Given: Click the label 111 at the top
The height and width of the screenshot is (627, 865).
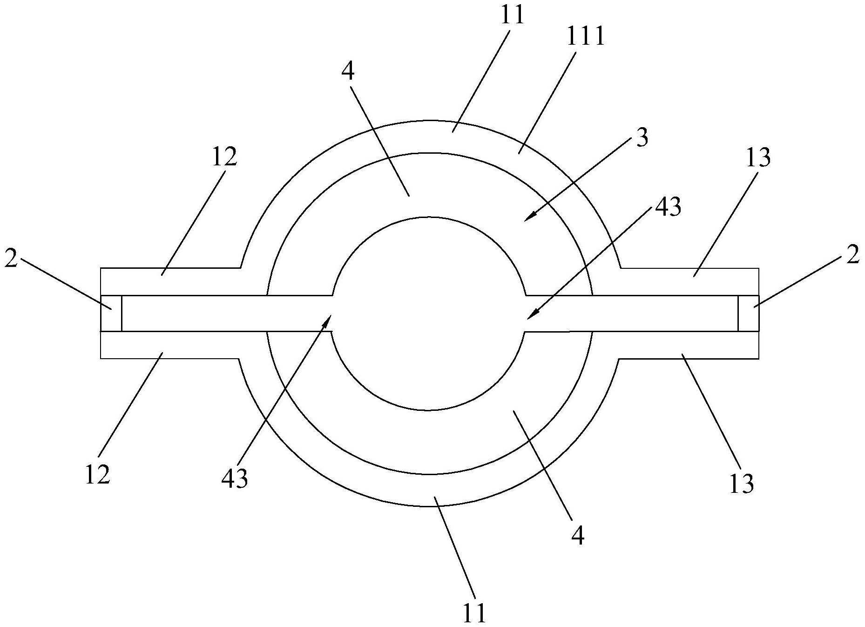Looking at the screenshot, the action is click(586, 36).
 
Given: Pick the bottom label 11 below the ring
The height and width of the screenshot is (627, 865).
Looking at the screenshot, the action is click(474, 613).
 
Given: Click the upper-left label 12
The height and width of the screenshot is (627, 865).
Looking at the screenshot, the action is click(224, 157).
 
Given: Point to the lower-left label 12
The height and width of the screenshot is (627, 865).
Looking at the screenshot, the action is click(97, 475).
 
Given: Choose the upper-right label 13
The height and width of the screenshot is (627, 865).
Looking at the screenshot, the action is click(757, 157).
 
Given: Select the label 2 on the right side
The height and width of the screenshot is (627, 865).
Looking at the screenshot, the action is click(852, 255).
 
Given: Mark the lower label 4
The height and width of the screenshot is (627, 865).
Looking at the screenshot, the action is click(577, 536).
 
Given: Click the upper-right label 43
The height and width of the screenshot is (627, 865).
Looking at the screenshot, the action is click(668, 206).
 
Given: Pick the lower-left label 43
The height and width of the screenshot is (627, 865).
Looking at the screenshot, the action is click(235, 478).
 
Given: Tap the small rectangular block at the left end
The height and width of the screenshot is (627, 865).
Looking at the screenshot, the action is click(111, 313).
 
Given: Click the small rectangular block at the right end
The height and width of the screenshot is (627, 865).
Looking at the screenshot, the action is click(749, 313).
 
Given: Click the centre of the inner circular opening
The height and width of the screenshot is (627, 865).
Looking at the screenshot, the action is click(429, 313).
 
